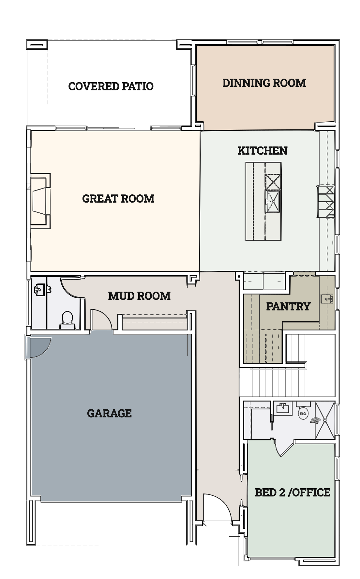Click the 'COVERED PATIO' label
point(111,86)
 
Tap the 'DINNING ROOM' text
point(264,83)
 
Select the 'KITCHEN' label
point(262,150)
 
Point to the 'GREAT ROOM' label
point(118,198)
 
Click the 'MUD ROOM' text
point(139,296)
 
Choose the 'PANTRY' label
point(288,306)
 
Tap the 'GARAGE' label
point(109,413)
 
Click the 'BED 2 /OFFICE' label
point(292,492)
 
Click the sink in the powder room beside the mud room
point(39,289)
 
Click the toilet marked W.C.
point(303,412)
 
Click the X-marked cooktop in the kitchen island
point(273,182)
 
